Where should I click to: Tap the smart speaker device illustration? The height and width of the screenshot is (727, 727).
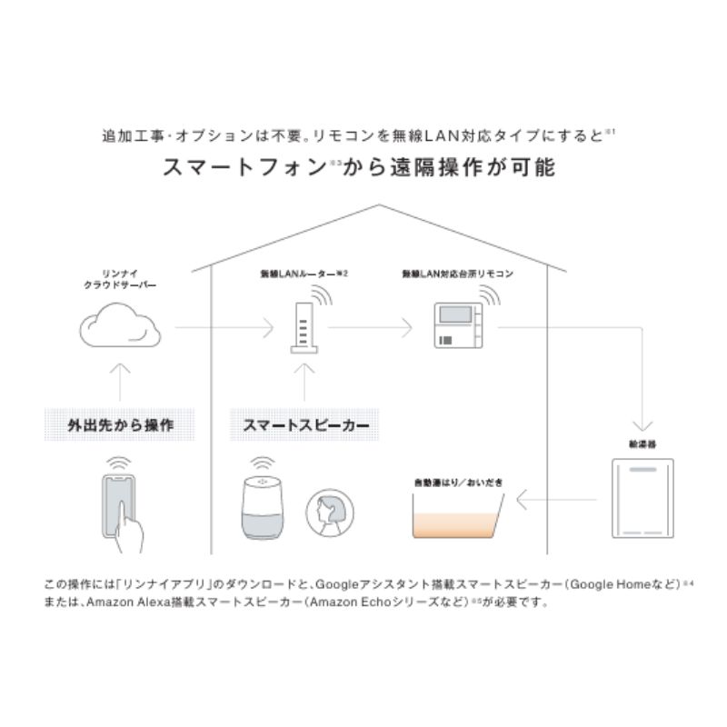pos(263,509)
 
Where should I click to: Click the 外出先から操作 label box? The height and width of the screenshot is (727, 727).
pos(120,424)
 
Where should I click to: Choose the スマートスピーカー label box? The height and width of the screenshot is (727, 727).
pos(304,424)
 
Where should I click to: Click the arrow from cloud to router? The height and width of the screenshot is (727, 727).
pos(224,327)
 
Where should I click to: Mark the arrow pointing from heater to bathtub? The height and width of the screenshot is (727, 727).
pos(556,498)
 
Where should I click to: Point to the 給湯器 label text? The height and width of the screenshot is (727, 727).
pos(641,445)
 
